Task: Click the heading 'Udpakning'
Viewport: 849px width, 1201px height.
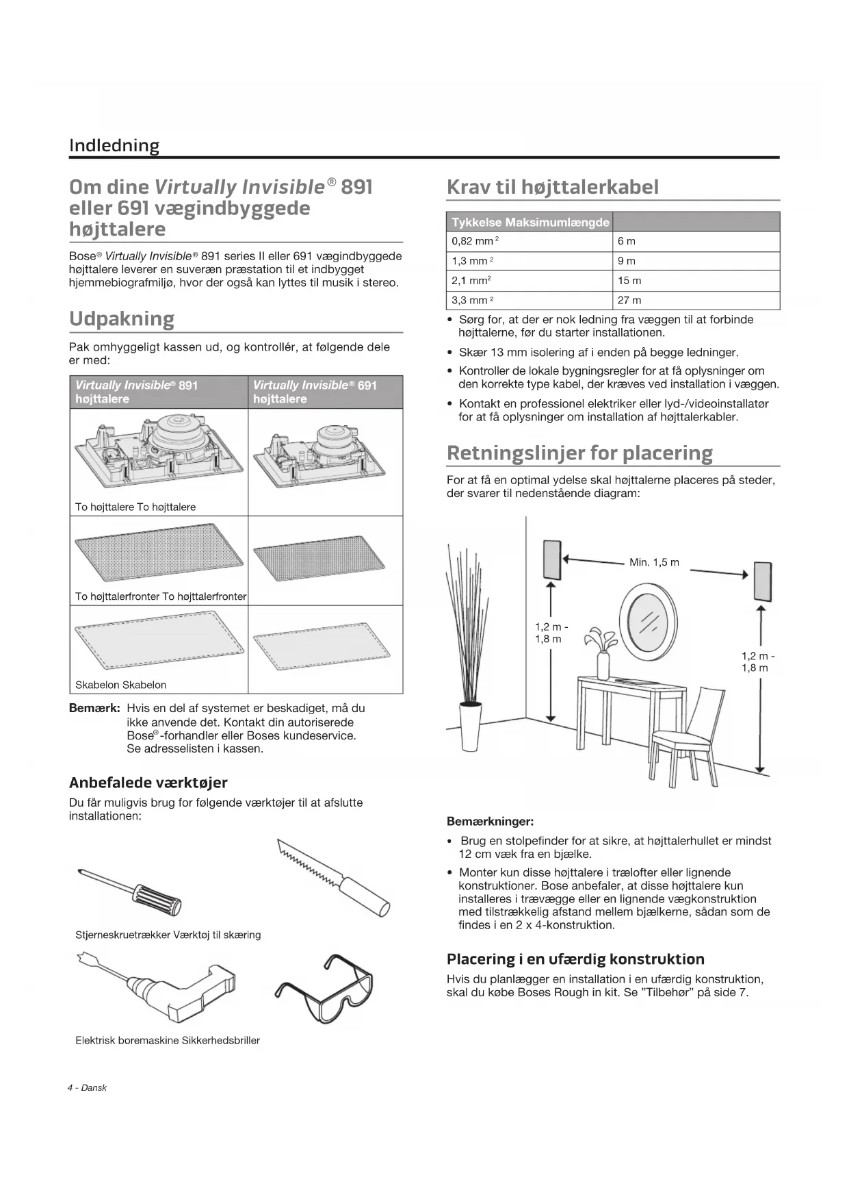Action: pos(122,319)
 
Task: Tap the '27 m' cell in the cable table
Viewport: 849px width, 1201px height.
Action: pos(629,301)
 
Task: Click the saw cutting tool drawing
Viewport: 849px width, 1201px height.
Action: pos(333,876)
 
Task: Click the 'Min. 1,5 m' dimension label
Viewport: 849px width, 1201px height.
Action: pos(654,563)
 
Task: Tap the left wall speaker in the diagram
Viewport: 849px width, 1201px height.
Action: pos(551,559)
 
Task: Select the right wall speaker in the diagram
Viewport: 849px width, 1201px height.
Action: pos(763,581)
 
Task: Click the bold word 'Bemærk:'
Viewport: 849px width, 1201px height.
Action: pos(94,708)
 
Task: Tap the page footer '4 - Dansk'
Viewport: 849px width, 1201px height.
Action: pos(87,1088)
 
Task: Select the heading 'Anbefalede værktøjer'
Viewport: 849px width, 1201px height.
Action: pos(148,783)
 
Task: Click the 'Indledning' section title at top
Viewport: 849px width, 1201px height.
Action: pos(114,146)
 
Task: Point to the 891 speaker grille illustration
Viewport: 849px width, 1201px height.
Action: pos(159,551)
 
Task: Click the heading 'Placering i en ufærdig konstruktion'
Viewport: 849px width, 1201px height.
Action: pos(575,959)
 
